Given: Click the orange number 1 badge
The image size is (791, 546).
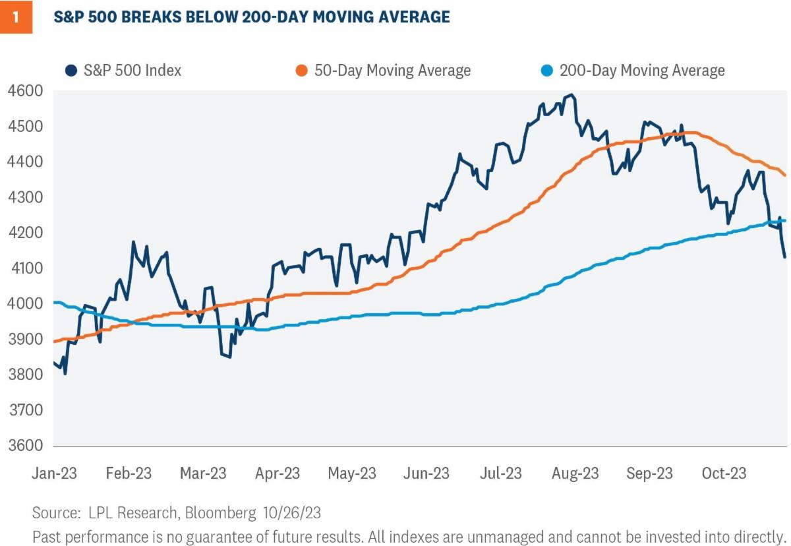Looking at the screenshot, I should tap(16, 17).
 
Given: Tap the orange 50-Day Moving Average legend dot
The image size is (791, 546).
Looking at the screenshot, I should tap(301, 71).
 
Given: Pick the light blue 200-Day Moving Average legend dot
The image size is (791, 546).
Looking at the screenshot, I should tap(546, 71).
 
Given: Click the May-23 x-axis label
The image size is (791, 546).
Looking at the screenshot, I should tap(352, 473).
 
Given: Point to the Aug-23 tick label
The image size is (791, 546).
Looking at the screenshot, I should tap(575, 473).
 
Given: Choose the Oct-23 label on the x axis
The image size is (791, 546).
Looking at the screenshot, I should tap(723, 473).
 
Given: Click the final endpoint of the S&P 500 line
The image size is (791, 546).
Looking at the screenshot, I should tap(784, 257).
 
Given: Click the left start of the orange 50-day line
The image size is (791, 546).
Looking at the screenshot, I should tap(54, 342).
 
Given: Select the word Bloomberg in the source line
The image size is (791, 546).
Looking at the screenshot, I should tap(221, 512).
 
